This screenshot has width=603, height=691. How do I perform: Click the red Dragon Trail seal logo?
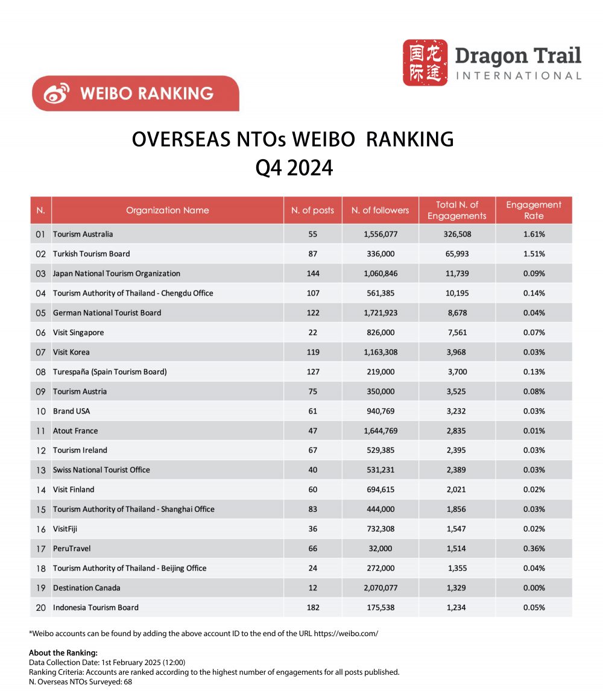click(x=425, y=62)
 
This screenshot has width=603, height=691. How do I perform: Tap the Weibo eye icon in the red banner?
click(x=58, y=93)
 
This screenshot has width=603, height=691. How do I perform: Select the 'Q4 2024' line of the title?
click(x=294, y=168)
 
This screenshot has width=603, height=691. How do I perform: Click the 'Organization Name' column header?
click(x=167, y=210)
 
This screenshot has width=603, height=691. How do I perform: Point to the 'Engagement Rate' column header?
click(x=533, y=210)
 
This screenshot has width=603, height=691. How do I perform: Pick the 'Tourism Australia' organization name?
click(x=83, y=234)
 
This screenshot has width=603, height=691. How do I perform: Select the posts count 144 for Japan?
click(x=312, y=273)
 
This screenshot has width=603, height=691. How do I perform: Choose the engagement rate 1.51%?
click(x=534, y=254)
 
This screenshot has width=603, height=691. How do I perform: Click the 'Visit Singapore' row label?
click(x=78, y=332)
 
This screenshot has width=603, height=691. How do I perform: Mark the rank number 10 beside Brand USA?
click(x=40, y=411)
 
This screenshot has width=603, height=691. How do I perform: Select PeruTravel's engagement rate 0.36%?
click(x=534, y=549)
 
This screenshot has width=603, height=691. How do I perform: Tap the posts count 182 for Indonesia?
click(x=312, y=608)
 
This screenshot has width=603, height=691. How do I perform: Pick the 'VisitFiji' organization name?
click(x=65, y=529)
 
